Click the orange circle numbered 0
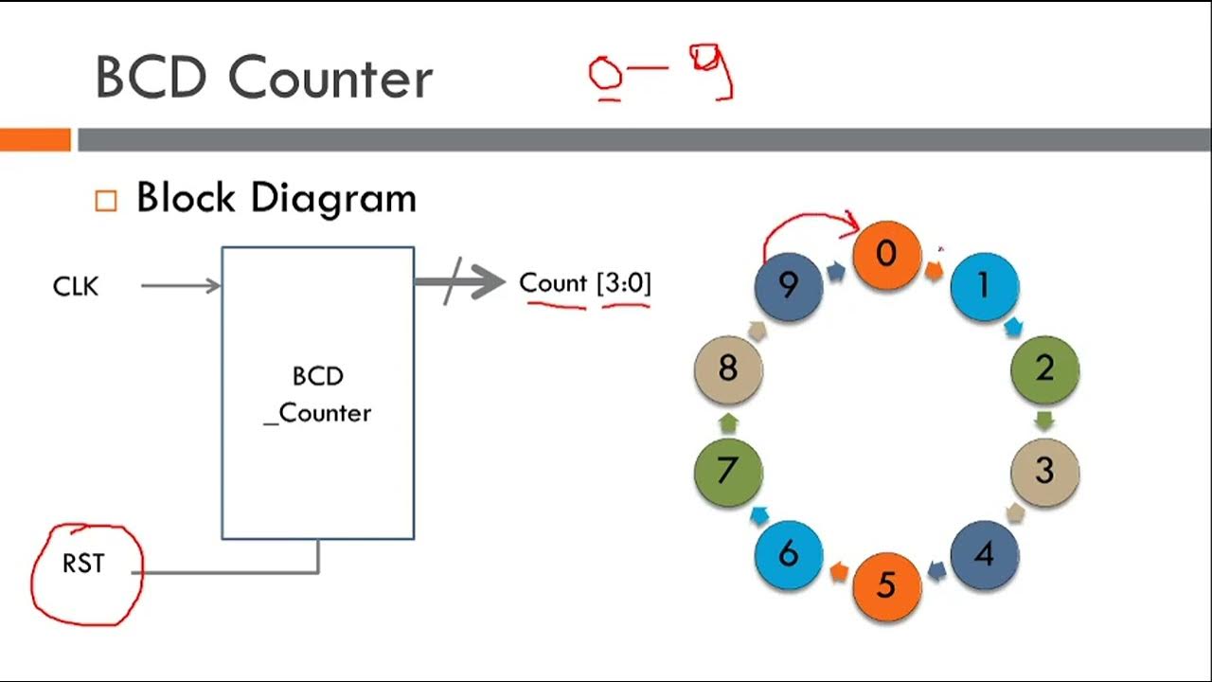pos(886,255)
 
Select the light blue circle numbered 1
pos(984,285)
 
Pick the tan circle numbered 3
pos(1044,471)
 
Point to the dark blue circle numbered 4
pos(984,554)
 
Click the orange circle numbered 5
pos(886,584)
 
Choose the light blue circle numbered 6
pos(789,554)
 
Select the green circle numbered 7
pos(728,471)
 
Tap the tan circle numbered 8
pos(728,368)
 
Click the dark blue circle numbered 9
pos(789,285)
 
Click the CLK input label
pos(76,286)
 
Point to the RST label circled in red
pos(83,565)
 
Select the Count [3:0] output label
pos(585,283)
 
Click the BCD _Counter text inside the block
pos(318,395)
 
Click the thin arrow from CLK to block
pos(180,285)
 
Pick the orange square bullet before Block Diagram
pos(106,201)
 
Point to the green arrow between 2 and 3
pos(1045,420)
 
